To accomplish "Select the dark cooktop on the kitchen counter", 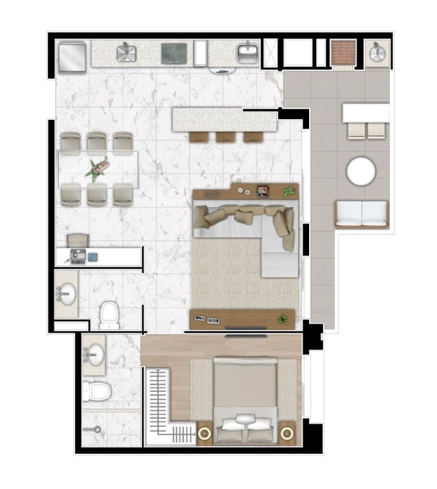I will [174, 55].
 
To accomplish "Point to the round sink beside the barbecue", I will [377, 54].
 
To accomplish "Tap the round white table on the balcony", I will [360, 172].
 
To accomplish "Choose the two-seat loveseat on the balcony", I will [362, 214].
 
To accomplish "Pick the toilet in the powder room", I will [108, 314].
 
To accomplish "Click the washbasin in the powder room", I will [65, 294].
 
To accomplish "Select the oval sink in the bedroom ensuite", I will [94, 355].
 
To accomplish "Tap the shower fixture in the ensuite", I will [91, 426].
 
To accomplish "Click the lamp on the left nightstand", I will [205, 432].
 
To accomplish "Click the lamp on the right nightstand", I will [287, 433].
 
